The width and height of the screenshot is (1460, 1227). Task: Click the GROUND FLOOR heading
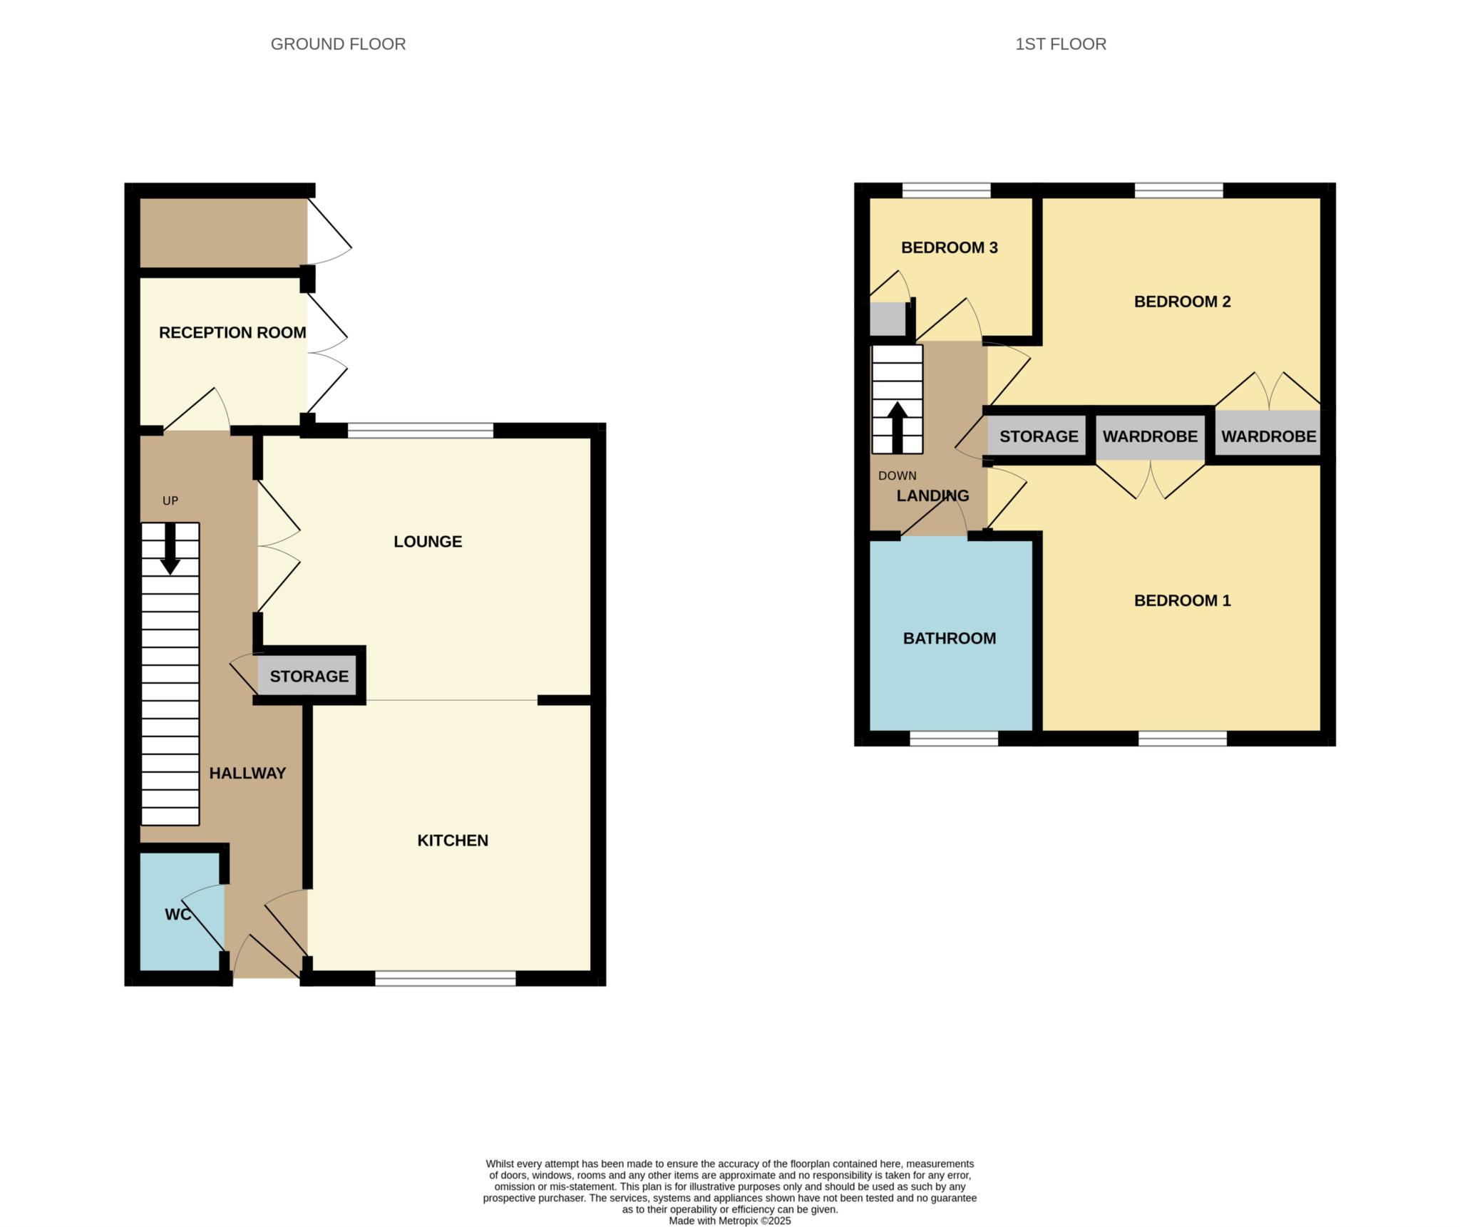coord(338,44)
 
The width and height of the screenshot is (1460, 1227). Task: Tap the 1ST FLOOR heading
coord(1060,44)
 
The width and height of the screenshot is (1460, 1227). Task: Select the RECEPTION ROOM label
coord(232,332)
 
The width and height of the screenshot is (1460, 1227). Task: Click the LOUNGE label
coord(428,541)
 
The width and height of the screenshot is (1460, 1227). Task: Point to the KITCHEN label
coord(453,840)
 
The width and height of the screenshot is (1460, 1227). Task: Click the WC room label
coord(178,914)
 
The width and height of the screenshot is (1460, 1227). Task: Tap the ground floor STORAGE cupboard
coord(309,676)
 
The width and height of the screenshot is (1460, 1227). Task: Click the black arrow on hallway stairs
coord(170,549)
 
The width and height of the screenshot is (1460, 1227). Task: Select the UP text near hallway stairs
coord(170,500)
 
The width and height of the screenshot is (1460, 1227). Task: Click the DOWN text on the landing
coord(897,476)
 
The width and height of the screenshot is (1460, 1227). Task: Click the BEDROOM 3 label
coord(949,247)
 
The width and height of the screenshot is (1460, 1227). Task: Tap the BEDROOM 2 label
coord(1182,302)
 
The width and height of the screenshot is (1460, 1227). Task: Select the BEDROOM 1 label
coord(1182,600)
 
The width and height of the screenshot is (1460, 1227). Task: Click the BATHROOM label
coord(949,638)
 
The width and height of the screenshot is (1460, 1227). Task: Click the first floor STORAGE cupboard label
coord(1038,436)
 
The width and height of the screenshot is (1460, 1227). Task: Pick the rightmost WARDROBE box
coord(1268,436)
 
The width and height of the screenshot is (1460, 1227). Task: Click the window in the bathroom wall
coord(953,739)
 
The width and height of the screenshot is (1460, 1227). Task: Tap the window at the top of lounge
coord(420,431)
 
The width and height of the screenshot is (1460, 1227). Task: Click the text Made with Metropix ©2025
coord(729,1221)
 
